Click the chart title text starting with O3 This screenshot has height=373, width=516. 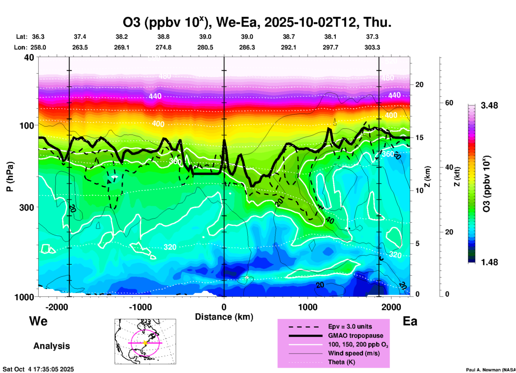tap(257, 22)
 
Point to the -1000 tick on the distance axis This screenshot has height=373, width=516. tap(140, 307)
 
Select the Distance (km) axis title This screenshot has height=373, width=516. tap(224, 317)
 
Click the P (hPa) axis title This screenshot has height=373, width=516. tap(10, 177)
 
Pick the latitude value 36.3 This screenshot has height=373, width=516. tap(38, 37)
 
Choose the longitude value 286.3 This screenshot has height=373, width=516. tap(247, 47)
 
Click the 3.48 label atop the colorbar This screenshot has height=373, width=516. tap(489, 105)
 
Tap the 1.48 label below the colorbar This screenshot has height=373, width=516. tap(489, 262)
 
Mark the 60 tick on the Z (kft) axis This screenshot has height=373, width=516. tap(449, 103)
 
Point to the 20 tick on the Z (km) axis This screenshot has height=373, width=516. tap(419, 85)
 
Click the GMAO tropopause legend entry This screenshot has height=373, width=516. tap(356, 336)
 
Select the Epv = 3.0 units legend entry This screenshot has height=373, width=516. tap(350, 326)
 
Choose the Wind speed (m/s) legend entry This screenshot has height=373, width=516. tap(354, 353)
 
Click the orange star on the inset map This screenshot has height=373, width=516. tap(145, 343)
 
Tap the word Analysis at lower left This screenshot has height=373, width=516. tap(51, 346)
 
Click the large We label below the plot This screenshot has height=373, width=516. tap(38, 321)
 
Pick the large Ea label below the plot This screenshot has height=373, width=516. tap(410, 321)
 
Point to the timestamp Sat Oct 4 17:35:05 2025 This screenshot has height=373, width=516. tap(38, 369)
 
